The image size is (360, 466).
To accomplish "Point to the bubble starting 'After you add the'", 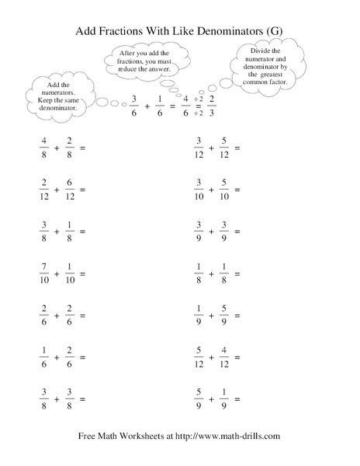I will (x=147, y=59).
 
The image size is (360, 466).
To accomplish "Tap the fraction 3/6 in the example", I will (x=135, y=104).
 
